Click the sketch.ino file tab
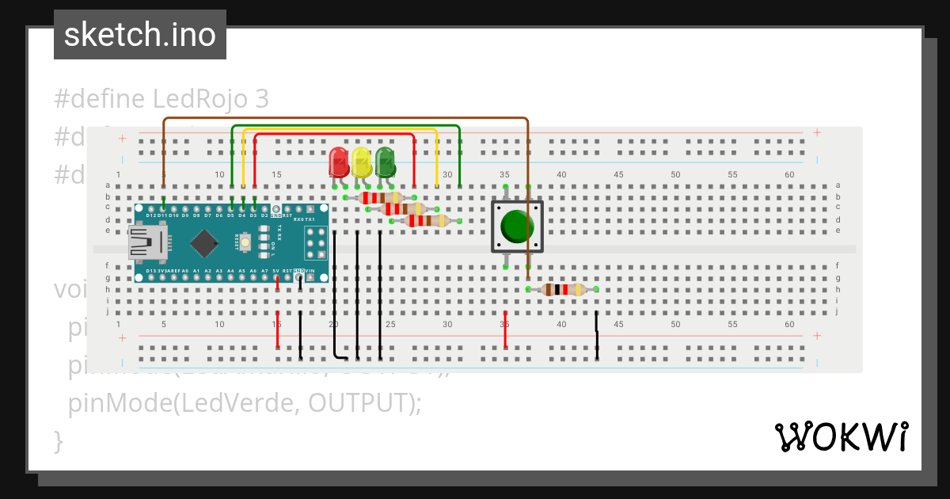coord(140,35)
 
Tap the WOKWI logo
coord(840,436)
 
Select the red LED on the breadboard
coord(339,162)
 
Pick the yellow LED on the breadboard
coord(362,162)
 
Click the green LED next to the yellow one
coord(386,162)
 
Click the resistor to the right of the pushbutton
coord(562,290)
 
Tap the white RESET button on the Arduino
coord(245,242)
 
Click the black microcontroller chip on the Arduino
coord(205,242)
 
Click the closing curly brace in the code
coord(57,440)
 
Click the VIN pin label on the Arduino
coord(321,271)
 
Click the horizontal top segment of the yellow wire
coord(340,130)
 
